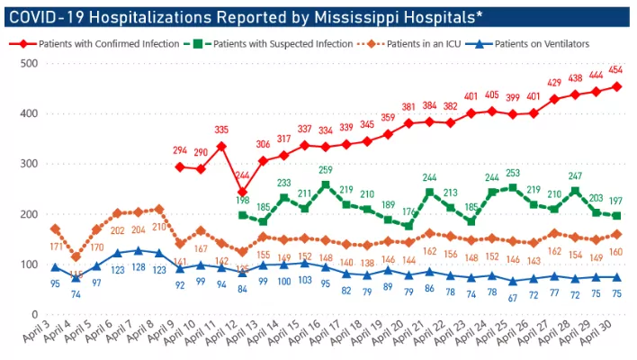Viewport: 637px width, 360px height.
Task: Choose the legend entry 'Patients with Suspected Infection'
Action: coord(280,42)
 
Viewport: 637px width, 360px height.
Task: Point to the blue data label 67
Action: coord(513,297)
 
